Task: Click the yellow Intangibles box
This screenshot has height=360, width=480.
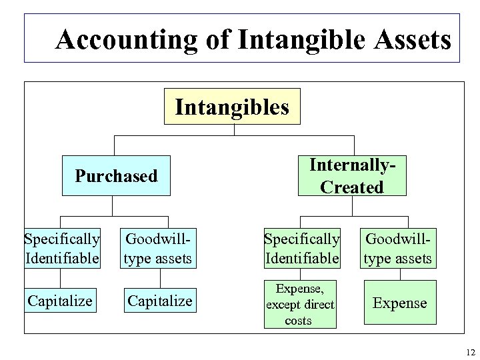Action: (x=232, y=107)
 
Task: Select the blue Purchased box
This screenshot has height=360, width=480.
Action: (x=116, y=176)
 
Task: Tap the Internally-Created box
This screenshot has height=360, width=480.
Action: (x=351, y=176)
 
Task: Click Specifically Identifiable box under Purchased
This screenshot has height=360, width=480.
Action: (x=62, y=247)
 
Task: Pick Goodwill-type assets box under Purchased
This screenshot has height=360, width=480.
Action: (x=159, y=247)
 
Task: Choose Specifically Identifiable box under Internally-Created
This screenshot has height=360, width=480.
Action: (x=302, y=247)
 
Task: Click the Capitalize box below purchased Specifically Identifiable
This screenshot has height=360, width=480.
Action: (x=60, y=301)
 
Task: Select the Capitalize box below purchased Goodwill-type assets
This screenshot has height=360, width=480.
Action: (x=160, y=301)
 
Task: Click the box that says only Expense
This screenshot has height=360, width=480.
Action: (x=399, y=303)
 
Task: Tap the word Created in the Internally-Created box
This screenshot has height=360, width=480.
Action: (x=351, y=187)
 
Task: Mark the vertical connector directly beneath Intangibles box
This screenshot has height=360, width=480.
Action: (x=233, y=130)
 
